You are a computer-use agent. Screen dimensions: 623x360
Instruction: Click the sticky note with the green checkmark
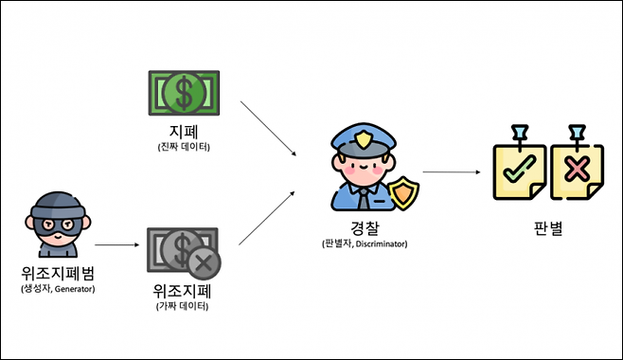519,171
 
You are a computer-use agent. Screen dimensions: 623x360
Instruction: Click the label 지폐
183,134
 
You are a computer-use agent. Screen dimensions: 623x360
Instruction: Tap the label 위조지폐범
58,275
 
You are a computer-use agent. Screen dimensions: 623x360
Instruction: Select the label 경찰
363,229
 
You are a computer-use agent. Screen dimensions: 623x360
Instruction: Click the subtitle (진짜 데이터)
183,148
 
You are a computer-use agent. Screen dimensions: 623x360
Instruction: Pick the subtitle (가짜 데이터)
183,306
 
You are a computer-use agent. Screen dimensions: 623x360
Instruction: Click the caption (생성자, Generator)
58,288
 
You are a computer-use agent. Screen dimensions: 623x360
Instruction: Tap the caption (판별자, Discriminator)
364,243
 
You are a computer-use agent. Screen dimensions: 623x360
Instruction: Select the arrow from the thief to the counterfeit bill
116,246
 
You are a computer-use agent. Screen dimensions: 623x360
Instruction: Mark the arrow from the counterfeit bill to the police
268,217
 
